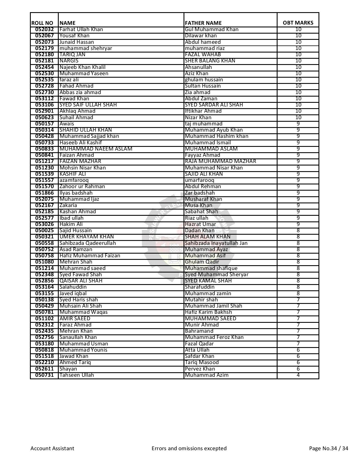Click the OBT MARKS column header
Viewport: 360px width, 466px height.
click(x=298, y=23)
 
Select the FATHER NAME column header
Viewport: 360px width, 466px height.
click(x=203, y=23)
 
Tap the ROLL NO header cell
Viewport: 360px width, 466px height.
click(x=42, y=23)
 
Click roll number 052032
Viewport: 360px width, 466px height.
click(x=44, y=29)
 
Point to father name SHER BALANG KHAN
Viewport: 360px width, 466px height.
click(x=210, y=61)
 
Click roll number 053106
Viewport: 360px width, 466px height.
click(x=44, y=105)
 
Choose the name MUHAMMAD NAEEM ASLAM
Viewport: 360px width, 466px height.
click(x=96, y=149)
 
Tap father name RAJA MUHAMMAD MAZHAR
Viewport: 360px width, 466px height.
click(x=220, y=161)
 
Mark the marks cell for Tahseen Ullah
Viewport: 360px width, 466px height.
click(x=298, y=375)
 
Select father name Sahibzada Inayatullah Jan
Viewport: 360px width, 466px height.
click(x=216, y=243)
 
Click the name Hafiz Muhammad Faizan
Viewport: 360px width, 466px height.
click(x=90, y=256)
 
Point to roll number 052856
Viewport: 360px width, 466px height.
click(x=44, y=281)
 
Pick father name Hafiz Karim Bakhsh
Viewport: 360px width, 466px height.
click(x=208, y=312)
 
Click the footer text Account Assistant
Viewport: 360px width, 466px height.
click(x=52, y=448)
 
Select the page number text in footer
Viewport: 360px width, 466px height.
click(x=329, y=448)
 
